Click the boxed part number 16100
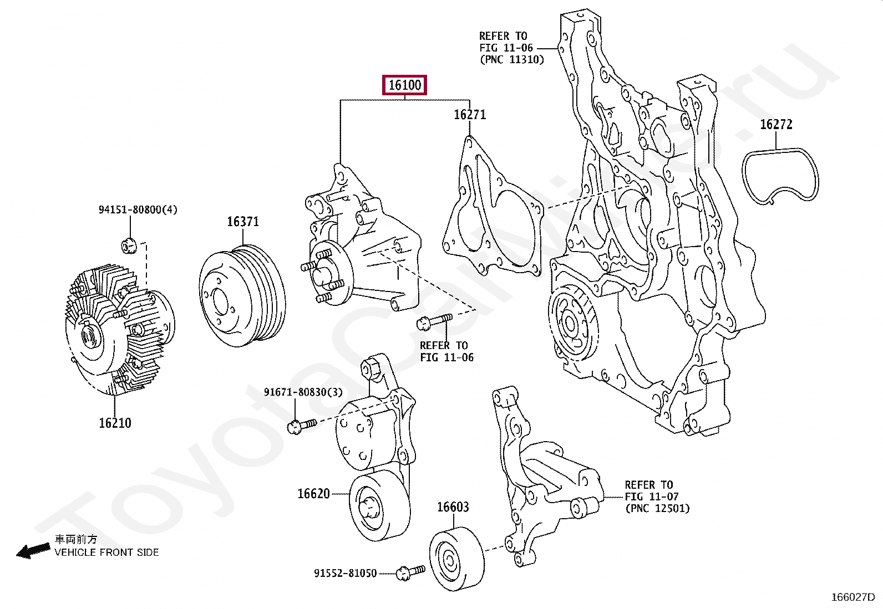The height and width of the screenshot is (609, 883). click(404, 85)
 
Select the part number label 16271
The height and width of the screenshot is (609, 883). click(469, 115)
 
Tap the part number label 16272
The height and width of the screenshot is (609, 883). click(776, 125)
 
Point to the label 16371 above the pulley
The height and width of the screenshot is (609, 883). click(243, 222)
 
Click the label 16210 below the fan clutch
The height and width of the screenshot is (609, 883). click(115, 423)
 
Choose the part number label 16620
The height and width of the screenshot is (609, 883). click(313, 494)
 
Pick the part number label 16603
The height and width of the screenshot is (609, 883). click(453, 507)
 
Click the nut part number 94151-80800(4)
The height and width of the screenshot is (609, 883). click(138, 209)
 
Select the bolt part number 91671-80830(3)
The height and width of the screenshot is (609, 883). click(303, 392)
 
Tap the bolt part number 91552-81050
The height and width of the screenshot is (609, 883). click(346, 573)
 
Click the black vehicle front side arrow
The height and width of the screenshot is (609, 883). click(33, 551)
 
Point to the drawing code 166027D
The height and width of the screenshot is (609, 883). click(852, 597)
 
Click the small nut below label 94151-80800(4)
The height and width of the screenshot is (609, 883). click(129, 246)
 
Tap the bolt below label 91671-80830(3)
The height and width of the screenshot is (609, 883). click(302, 426)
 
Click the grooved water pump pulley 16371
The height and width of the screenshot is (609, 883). click(242, 296)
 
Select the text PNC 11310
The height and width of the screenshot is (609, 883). click(512, 60)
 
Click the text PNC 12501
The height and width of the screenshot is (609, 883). click(657, 509)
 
